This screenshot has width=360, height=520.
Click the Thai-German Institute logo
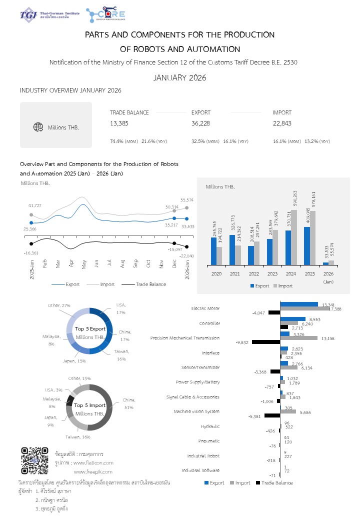[x=49, y=15]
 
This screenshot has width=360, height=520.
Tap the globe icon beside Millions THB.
[x=38, y=127]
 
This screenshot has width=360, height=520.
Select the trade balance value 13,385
[x=119, y=123]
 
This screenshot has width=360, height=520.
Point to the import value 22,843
[x=282, y=123]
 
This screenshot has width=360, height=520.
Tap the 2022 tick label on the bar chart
[x=253, y=274]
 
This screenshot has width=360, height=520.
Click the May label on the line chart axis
[x=83, y=264]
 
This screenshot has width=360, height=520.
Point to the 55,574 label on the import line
[x=187, y=200]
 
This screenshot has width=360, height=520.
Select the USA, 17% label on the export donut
[x=120, y=308]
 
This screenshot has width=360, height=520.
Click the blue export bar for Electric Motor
[x=299, y=304]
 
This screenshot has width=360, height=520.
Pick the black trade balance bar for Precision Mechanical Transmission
[x=266, y=342]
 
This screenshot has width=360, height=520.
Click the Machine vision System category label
[x=196, y=411]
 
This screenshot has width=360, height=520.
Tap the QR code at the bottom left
[x=34, y=460]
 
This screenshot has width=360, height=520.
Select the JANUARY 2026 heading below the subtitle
[x=179, y=77]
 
